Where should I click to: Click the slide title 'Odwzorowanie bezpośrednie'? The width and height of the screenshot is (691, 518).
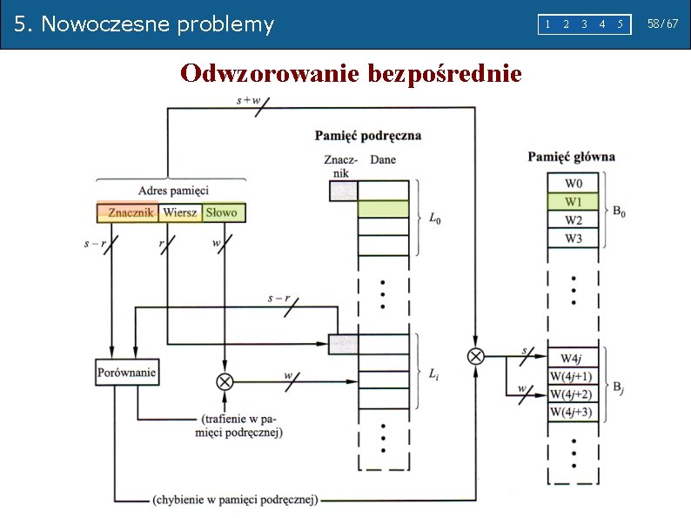(x=351, y=74)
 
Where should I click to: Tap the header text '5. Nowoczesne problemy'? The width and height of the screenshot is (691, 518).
(x=144, y=24)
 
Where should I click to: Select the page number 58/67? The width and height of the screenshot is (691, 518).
(x=662, y=24)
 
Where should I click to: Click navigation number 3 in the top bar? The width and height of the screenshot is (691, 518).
(x=584, y=24)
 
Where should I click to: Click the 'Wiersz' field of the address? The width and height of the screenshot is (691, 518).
(x=179, y=212)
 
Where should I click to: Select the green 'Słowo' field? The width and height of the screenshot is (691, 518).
(x=223, y=212)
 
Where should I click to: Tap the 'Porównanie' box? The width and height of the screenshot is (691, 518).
(x=127, y=373)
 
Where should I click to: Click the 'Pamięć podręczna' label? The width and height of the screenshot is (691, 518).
(x=367, y=135)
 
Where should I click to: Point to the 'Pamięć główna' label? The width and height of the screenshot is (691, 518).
(x=571, y=158)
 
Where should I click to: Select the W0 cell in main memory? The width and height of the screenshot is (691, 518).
(x=574, y=183)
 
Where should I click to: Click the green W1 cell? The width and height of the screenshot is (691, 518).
(x=574, y=202)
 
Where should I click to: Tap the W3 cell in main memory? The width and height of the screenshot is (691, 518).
(x=574, y=239)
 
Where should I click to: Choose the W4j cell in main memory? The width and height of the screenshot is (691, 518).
(x=572, y=359)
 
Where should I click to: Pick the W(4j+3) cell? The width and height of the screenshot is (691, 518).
(x=571, y=413)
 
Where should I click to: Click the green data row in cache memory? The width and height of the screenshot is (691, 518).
(x=383, y=209)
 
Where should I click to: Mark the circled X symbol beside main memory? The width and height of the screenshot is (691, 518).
(x=476, y=355)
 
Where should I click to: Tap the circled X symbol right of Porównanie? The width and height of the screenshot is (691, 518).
(x=225, y=380)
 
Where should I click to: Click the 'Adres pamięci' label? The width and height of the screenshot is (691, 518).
(x=173, y=191)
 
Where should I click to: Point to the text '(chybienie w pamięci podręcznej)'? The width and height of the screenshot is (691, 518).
(x=235, y=500)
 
